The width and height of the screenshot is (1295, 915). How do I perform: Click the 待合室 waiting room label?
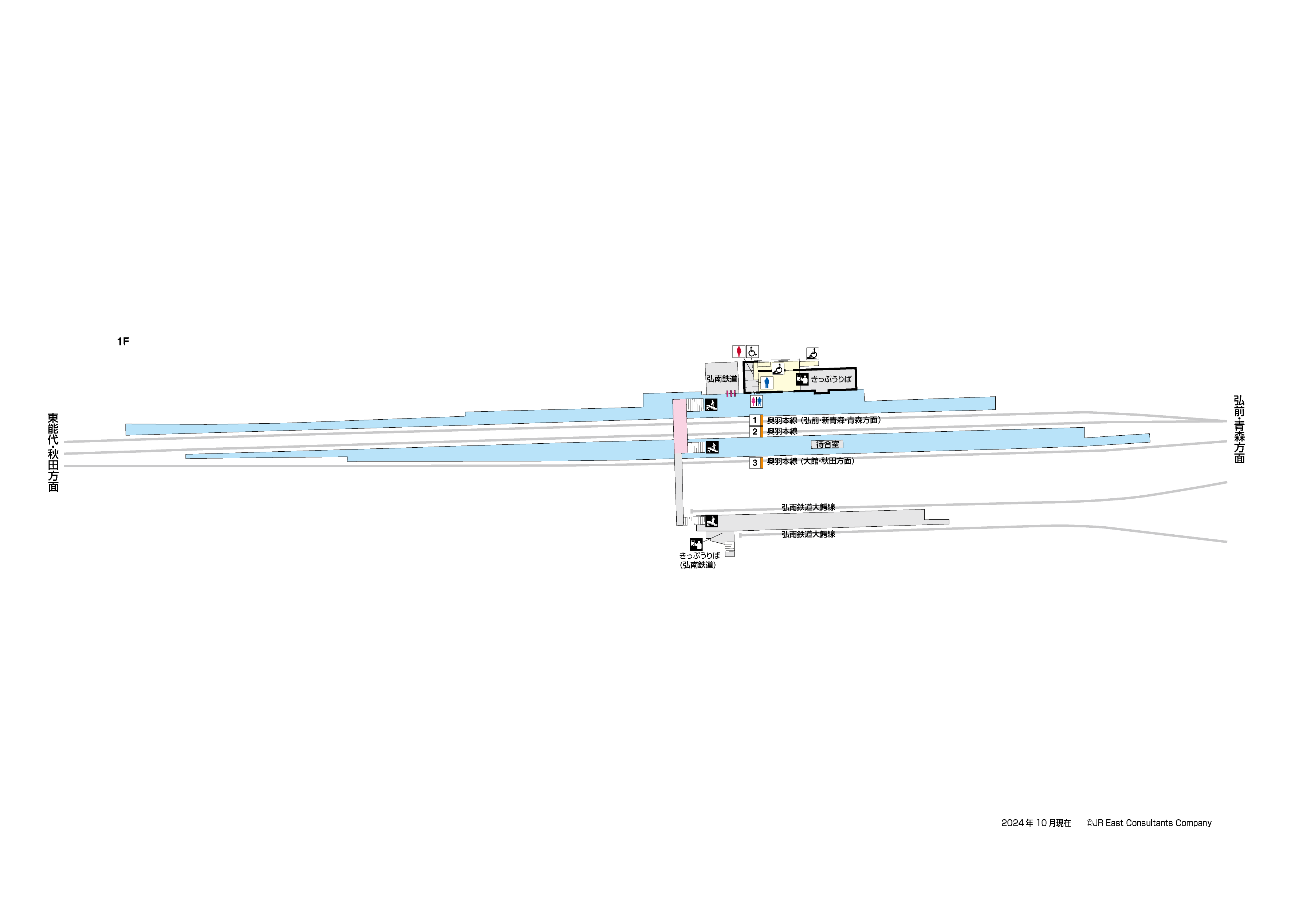tap(827, 444)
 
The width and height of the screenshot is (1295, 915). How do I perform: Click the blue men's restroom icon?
tap(767, 383)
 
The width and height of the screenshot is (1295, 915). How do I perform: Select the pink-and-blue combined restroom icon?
tap(756, 401)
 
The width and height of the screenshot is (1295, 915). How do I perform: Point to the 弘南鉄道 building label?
tap(722, 379)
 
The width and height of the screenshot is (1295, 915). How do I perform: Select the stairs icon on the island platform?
tap(712, 447)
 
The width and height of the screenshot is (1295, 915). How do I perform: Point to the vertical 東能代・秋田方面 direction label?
tap(53, 452)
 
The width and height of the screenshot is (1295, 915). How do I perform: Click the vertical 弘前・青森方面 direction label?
tap(1239, 429)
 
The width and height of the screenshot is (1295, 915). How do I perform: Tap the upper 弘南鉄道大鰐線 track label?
tap(808, 507)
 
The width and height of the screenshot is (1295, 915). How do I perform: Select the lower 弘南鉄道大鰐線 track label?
tap(808, 534)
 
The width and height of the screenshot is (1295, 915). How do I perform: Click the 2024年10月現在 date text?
tap(1036, 823)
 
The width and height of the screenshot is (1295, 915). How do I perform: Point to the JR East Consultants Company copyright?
tap(1149, 823)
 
